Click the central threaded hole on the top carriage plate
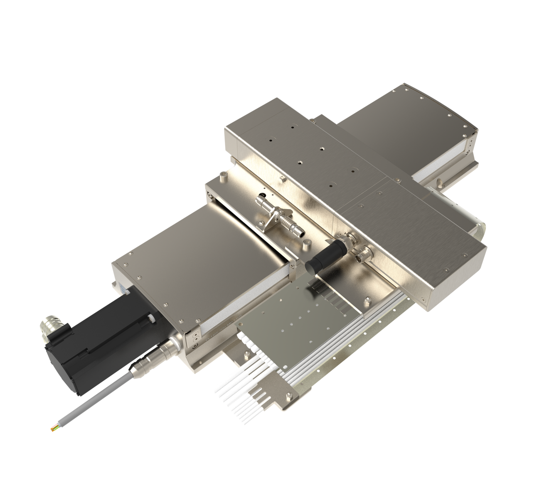tap(322, 148)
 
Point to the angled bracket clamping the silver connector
tap(270, 218)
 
